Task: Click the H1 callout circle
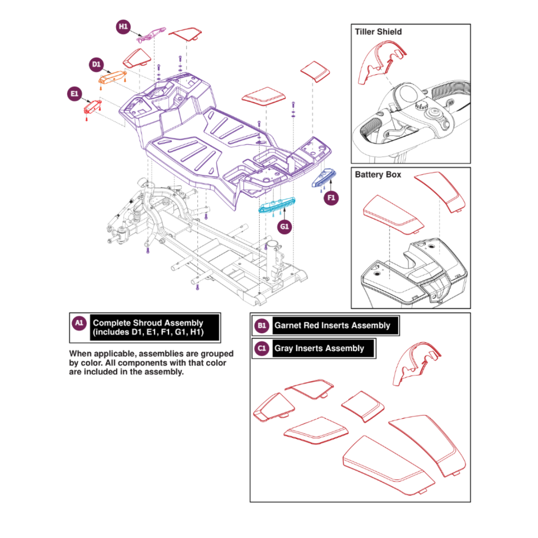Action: [123, 26]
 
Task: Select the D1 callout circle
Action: [96, 64]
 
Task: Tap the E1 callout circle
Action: [74, 94]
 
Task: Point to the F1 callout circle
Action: [331, 198]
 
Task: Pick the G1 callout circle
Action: [284, 227]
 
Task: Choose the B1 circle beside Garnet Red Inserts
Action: [262, 326]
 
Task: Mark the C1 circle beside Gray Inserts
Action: [262, 348]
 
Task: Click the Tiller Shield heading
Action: [378, 32]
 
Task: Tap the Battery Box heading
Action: [378, 175]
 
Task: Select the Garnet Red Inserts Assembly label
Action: [332, 326]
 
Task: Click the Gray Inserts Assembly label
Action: [319, 348]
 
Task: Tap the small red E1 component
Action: [92, 107]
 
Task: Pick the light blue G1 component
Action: [277, 204]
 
